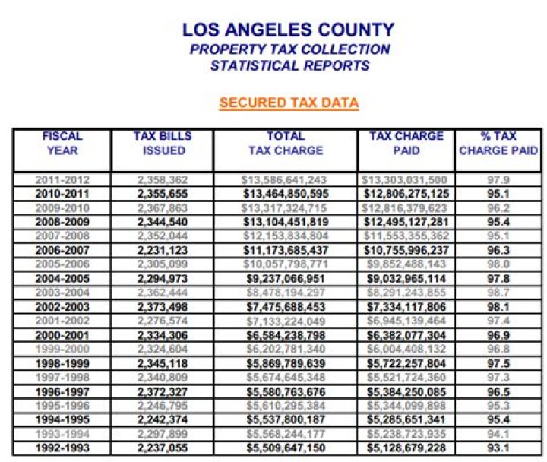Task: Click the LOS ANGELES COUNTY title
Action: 288,30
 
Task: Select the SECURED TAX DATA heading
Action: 289,103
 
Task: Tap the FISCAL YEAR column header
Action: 62,144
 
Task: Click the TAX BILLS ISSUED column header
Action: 163,144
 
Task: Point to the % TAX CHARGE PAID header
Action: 498,144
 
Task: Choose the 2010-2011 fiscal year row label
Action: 62,194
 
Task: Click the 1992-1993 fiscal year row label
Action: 62,448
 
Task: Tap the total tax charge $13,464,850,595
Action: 285,194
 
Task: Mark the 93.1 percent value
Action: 498,448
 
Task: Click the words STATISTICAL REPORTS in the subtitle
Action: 289,65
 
